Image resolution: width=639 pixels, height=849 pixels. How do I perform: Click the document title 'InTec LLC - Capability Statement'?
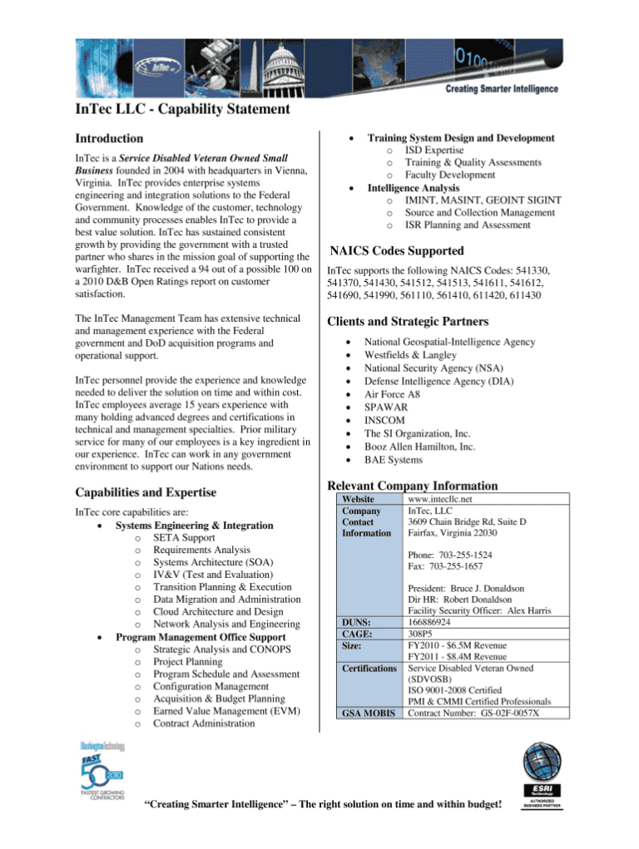182,109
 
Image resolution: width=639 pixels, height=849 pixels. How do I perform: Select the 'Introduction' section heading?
109,138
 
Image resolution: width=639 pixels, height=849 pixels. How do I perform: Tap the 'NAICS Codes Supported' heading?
397,250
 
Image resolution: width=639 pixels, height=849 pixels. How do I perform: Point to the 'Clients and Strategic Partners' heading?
408,321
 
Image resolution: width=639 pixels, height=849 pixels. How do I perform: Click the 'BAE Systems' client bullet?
394,459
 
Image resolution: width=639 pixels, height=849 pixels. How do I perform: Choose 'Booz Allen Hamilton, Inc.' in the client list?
420,447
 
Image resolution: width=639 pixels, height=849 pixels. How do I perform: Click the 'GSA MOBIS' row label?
367,713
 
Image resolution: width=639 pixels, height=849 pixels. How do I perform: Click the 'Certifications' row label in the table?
369,669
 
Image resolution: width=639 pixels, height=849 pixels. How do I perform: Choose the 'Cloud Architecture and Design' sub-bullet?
217,611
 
